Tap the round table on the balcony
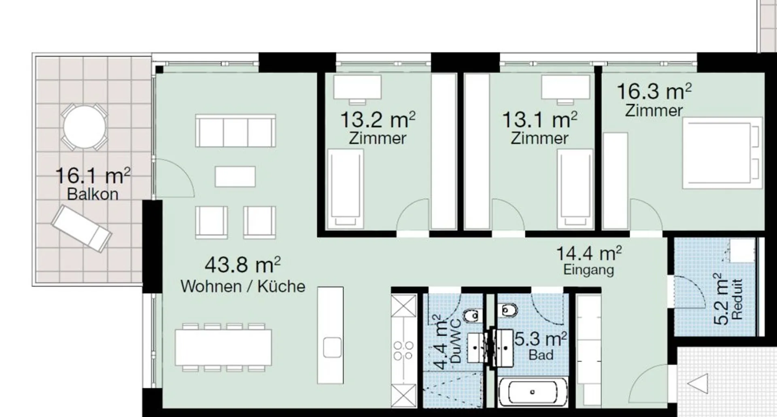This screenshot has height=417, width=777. pyautogui.click(x=85, y=127)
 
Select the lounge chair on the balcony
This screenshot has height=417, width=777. pyautogui.click(x=81, y=229)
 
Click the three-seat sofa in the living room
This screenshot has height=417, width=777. pyautogui.click(x=236, y=131)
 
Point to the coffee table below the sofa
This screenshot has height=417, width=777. pyautogui.click(x=235, y=177)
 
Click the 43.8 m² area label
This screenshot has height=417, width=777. pyautogui.click(x=242, y=265)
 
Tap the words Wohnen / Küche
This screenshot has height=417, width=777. pyautogui.click(x=243, y=286)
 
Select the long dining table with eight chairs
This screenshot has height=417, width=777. pyautogui.click(x=223, y=347)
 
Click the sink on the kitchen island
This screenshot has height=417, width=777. pyautogui.click(x=332, y=347)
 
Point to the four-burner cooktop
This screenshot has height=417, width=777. pyautogui.click(x=403, y=351)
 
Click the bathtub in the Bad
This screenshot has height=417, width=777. pyautogui.click(x=533, y=392)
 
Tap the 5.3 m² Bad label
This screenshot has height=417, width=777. pyautogui.click(x=541, y=346)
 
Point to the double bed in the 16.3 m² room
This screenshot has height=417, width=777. pyautogui.click(x=722, y=153)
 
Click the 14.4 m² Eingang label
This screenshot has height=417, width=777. pyautogui.click(x=589, y=261)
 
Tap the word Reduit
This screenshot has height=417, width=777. pyautogui.click(x=738, y=299)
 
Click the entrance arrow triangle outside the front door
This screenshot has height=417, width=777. pyautogui.click(x=698, y=383)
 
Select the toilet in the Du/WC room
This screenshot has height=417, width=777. pyautogui.click(x=471, y=315)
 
